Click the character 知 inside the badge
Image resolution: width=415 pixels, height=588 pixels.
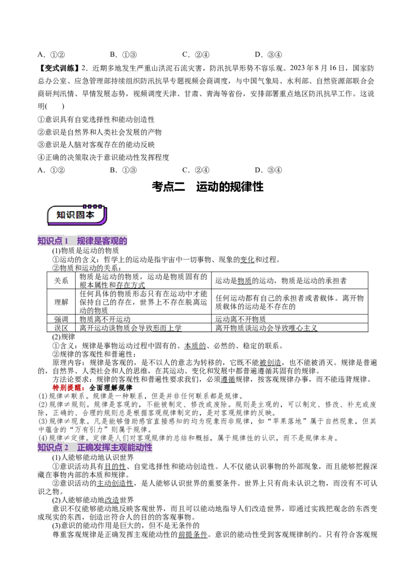(62, 215)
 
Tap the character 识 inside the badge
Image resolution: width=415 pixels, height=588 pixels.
(72, 215)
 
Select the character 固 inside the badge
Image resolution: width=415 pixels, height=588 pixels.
(81, 215)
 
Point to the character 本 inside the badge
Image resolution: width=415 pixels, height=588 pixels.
(91, 215)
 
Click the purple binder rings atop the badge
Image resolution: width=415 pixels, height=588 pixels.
(93, 206)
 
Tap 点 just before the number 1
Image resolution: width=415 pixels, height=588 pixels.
(59, 241)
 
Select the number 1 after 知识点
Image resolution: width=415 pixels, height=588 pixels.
(66, 241)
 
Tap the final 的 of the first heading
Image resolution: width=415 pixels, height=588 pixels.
(123, 241)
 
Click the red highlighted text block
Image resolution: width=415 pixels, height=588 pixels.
(68, 387)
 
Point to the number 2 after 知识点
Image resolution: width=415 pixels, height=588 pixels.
(66, 447)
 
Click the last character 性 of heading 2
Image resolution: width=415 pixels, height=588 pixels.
(149, 447)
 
